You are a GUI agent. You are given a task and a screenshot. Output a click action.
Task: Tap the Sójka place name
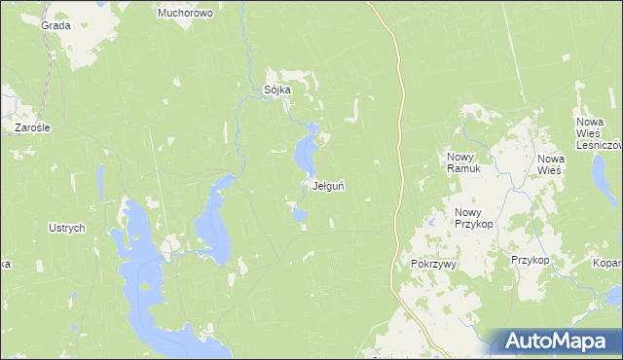tap(277, 90)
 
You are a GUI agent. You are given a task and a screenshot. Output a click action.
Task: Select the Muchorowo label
tap(185, 14)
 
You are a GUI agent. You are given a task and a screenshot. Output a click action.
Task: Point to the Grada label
tap(55, 26)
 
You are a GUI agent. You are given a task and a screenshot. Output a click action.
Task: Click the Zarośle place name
tap(32, 127)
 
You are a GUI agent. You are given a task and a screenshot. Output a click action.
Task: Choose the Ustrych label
tap(67, 228)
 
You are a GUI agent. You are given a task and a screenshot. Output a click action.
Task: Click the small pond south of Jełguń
tap(299, 215)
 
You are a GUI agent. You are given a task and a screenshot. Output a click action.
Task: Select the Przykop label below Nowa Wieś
tap(531, 261)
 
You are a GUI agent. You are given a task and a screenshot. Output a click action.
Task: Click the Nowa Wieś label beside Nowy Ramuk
tap(551, 163)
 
